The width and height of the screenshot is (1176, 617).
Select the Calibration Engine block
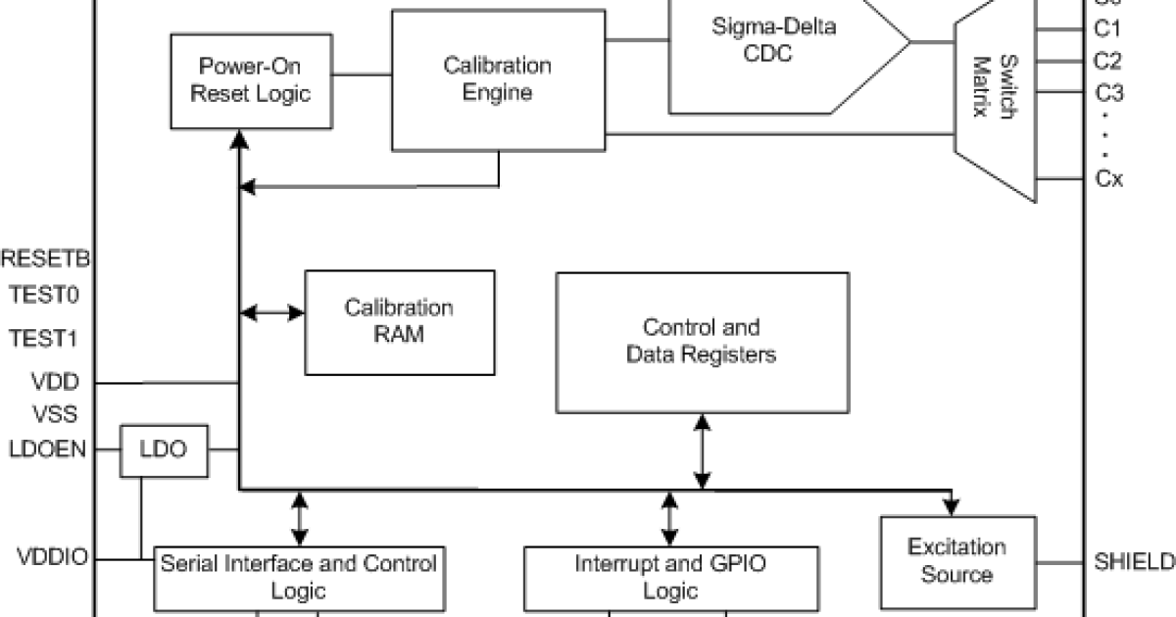pyautogui.click(x=498, y=79)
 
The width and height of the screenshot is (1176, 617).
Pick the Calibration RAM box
pyautogui.click(x=399, y=321)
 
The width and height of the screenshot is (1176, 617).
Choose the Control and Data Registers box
pyautogui.click(x=702, y=341)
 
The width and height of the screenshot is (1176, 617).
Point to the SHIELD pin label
pyautogui.click(x=1133, y=561)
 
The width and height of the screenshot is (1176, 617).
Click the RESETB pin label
pyautogui.click(x=46, y=260)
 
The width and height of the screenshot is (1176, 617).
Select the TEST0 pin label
pyautogui.click(x=43, y=293)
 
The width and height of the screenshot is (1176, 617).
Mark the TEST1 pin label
pyautogui.click(x=43, y=338)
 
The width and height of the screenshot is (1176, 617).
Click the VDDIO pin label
pyautogui.click(x=52, y=558)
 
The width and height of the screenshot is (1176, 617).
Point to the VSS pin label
pyautogui.click(x=56, y=414)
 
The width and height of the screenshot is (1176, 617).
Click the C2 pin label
pyautogui.click(x=1107, y=61)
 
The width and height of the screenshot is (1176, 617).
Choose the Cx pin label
pyautogui.click(x=1108, y=179)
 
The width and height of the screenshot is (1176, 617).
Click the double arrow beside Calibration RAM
pyautogui.click(x=272, y=312)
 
